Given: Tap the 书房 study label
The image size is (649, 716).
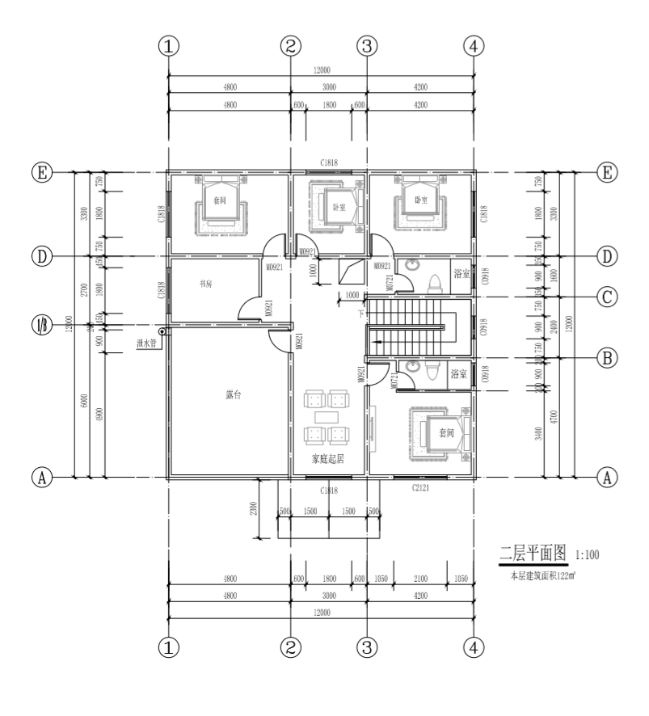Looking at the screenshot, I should coord(207,284).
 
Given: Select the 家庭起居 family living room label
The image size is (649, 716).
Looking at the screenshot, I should coord(328,459).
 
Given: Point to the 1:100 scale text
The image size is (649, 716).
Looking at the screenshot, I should coord(587,555).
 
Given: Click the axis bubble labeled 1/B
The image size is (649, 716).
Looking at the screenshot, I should coord(39,326).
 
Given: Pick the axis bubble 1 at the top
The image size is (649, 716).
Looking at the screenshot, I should coord(168,46).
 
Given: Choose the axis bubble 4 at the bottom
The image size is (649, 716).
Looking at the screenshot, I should coord(474,646).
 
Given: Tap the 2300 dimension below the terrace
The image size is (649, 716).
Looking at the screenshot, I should coord(254,508).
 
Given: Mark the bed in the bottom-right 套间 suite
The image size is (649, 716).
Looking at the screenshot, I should coord(440,432).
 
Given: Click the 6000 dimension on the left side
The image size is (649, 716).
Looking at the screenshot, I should coord(84,402).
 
